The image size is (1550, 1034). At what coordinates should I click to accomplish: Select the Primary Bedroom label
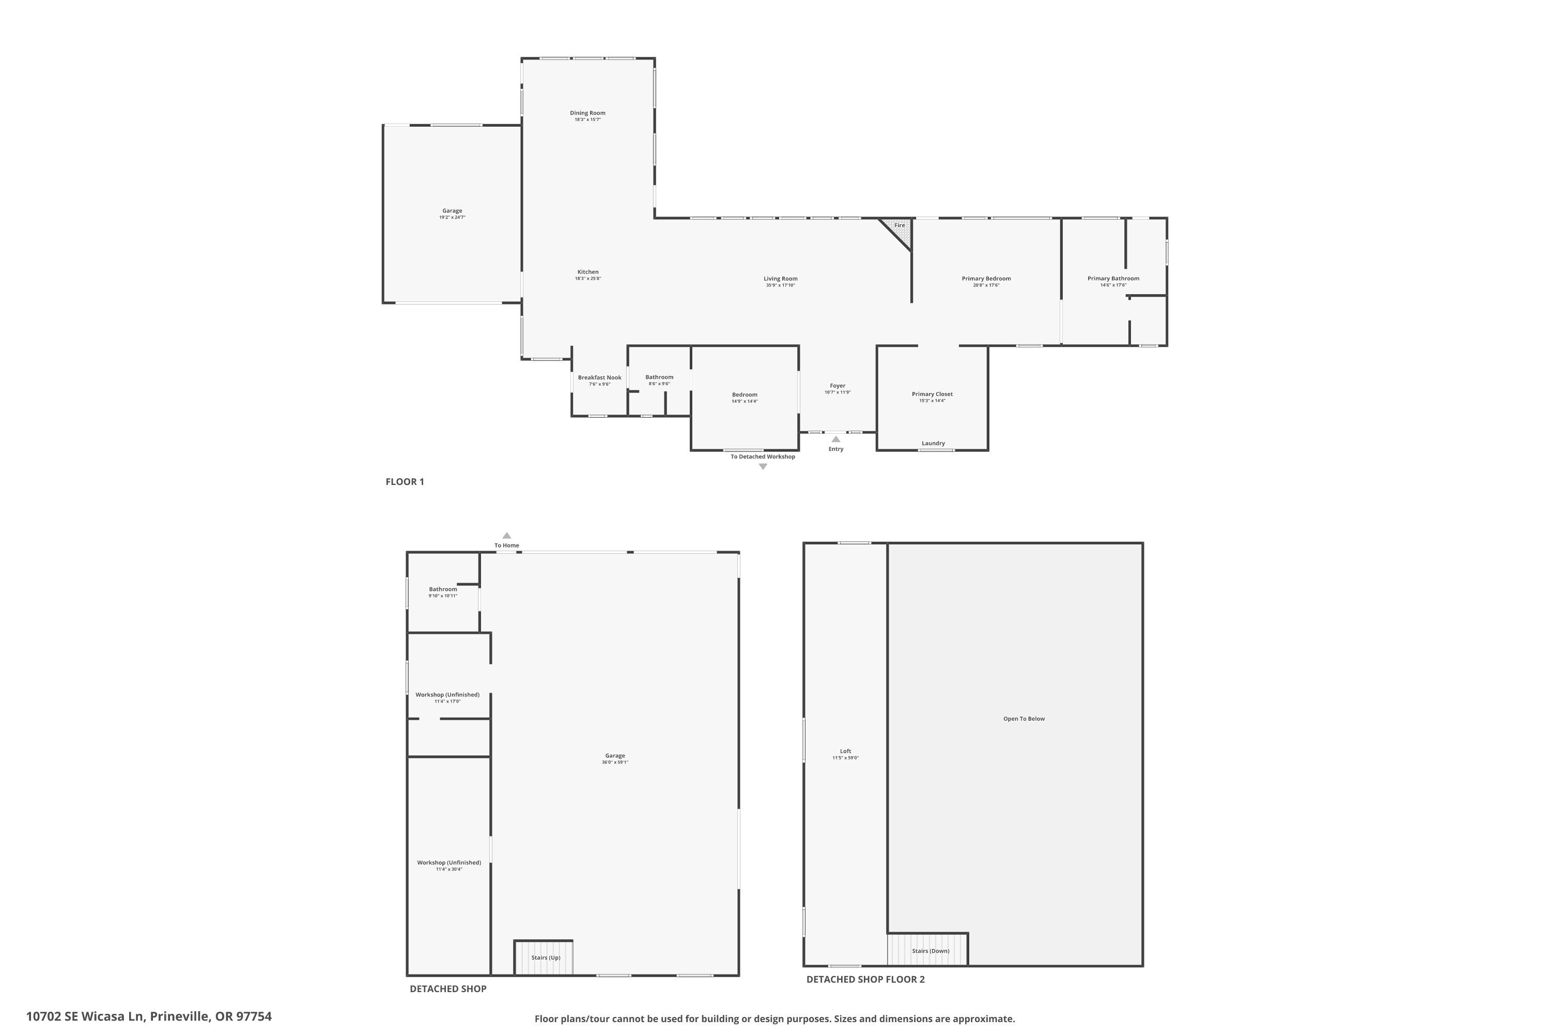coord(986,278)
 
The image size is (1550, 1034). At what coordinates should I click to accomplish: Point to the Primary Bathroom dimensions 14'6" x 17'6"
coord(1113,285)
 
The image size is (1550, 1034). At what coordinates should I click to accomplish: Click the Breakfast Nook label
coord(599,378)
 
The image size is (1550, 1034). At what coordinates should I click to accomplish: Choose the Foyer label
coord(837,386)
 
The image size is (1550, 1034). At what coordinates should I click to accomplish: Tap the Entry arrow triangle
coord(835,439)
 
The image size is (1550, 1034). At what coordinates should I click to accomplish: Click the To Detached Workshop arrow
coord(763,467)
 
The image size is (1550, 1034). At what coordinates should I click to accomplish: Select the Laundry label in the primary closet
coord(933,443)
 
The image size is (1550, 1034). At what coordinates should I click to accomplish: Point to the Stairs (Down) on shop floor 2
coord(930,951)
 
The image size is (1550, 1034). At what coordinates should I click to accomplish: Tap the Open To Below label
coord(1024,719)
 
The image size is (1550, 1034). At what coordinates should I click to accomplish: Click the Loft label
coord(845,751)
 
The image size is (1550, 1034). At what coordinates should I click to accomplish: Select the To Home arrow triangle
coord(507,536)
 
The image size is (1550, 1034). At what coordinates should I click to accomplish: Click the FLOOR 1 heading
coord(405,482)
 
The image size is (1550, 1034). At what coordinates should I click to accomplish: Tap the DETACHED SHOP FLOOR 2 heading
coord(865,979)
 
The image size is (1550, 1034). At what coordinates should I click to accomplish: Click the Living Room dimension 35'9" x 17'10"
coord(780,285)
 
